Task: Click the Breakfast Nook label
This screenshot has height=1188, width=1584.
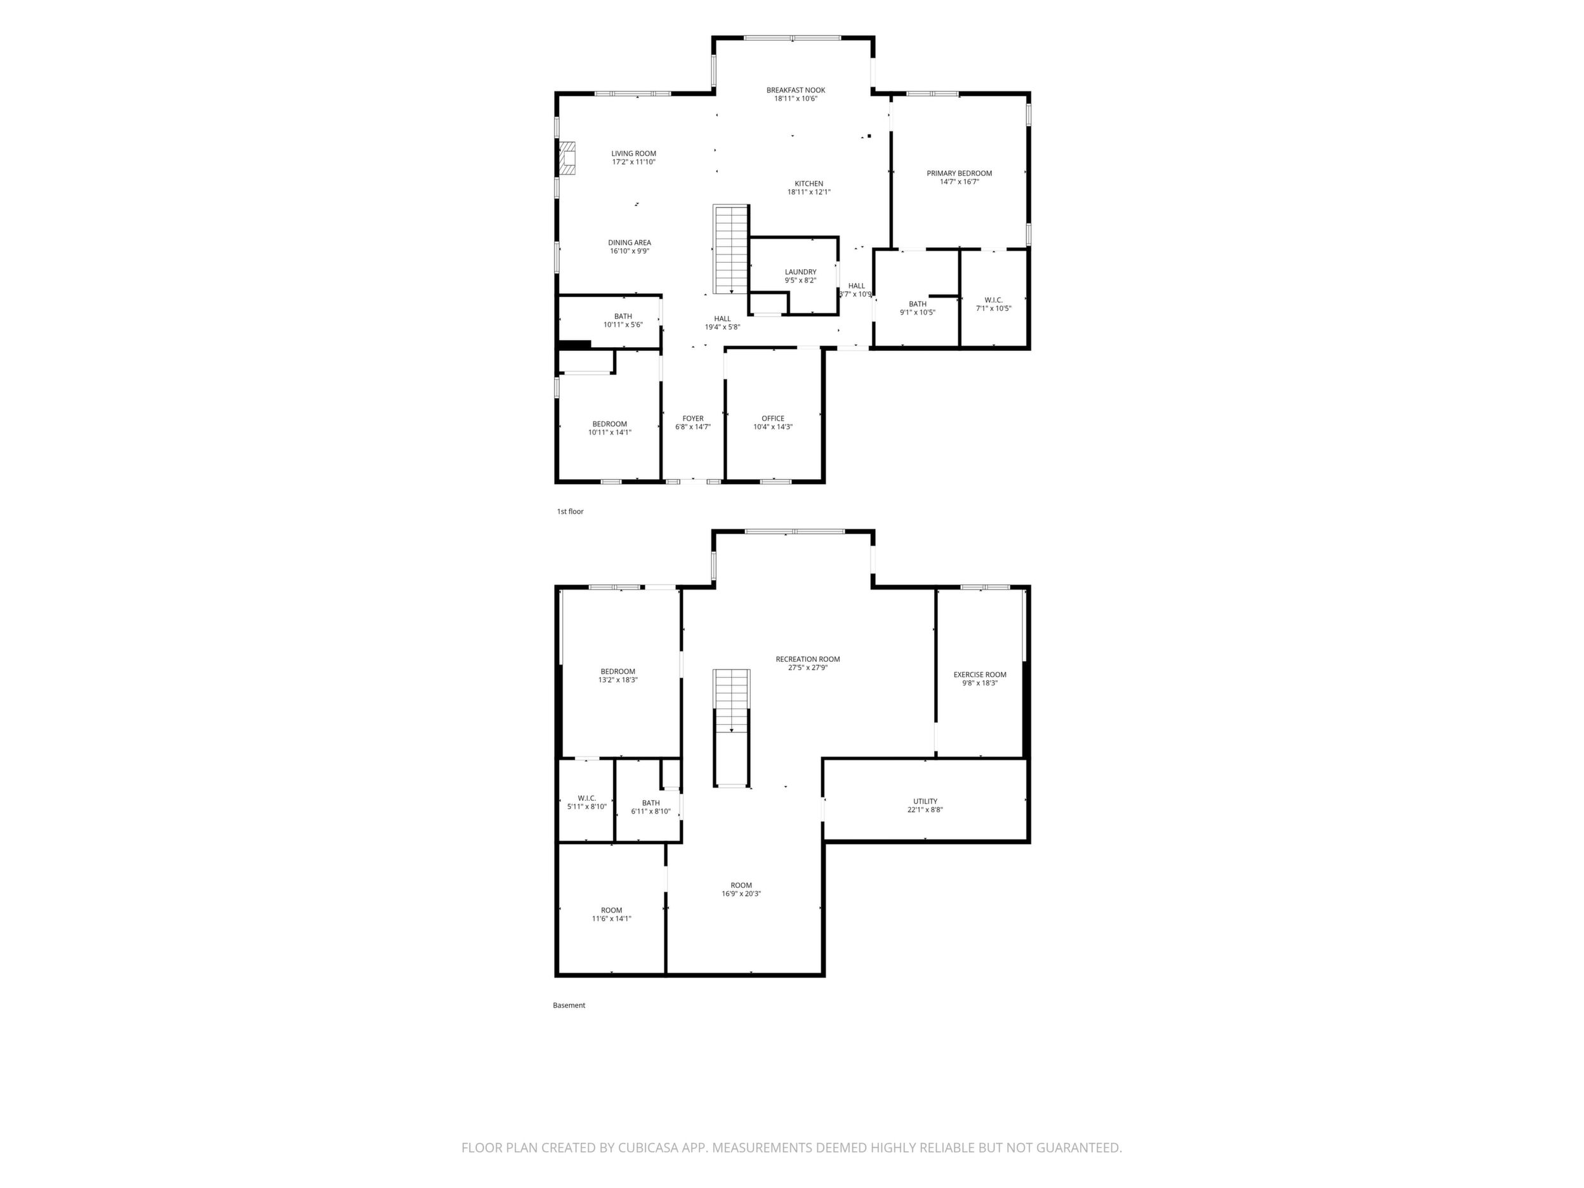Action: tap(796, 95)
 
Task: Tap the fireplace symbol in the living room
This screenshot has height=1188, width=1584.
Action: tap(567, 157)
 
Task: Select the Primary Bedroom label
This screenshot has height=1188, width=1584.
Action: tap(960, 178)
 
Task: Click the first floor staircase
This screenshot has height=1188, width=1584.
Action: tap(731, 249)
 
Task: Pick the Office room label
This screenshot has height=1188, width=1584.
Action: tap(773, 423)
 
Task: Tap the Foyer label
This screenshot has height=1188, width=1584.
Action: tap(693, 423)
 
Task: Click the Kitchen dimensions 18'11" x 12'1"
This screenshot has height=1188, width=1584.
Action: tap(809, 192)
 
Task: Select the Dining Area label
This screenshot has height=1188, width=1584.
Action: tap(630, 247)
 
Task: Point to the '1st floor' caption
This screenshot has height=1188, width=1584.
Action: tap(571, 511)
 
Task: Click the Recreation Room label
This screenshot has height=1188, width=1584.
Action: tap(808, 663)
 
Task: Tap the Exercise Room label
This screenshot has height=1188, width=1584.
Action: tap(980, 679)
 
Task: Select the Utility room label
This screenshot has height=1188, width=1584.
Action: tap(925, 805)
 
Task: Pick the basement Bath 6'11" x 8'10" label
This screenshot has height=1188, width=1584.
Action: tap(651, 807)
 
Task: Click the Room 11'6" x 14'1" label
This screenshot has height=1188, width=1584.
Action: tap(612, 914)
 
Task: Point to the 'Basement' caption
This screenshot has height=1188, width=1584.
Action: tap(569, 1005)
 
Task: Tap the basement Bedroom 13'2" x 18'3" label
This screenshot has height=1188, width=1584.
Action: tap(618, 676)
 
